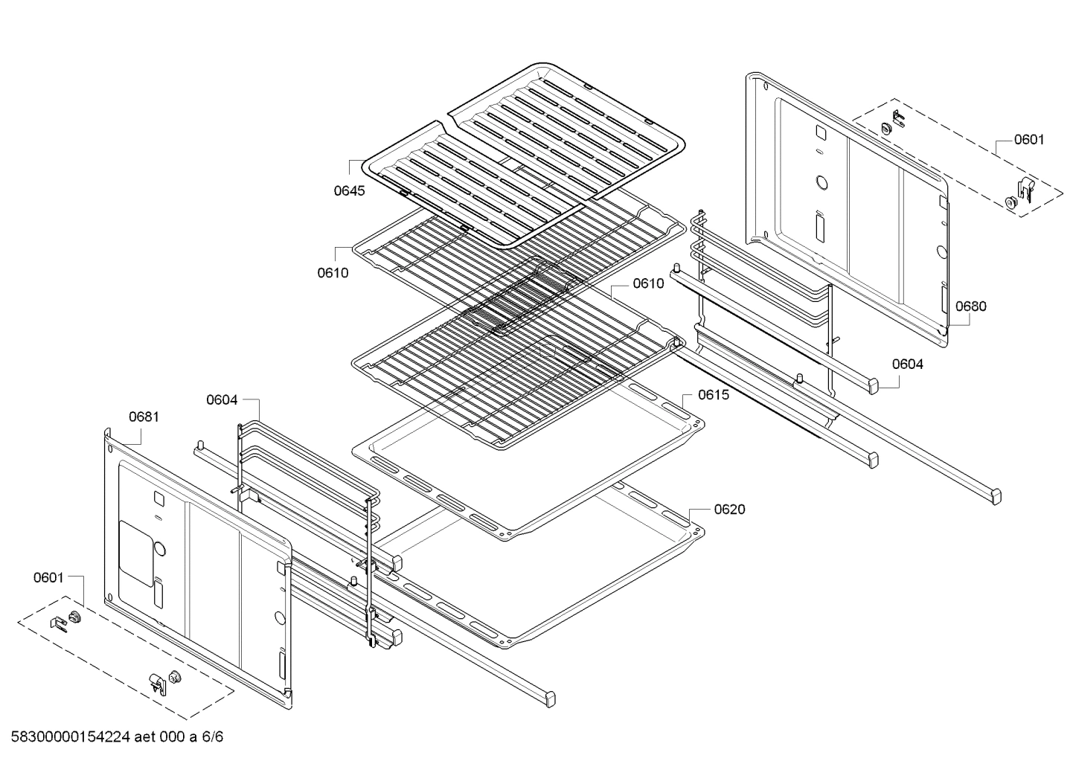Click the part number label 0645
point(349,190)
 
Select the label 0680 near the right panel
point(970,306)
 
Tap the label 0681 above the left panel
point(144,417)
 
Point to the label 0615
point(713,395)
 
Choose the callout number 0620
point(729,510)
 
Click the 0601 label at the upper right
point(1028,139)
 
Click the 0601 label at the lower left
point(48,577)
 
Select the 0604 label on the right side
point(907,364)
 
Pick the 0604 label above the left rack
point(222,400)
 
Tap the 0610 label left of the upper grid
point(333,273)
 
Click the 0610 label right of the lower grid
point(648,283)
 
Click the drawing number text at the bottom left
point(117,737)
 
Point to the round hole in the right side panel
point(821,182)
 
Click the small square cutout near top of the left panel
point(158,497)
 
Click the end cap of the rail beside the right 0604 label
point(869,385)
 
